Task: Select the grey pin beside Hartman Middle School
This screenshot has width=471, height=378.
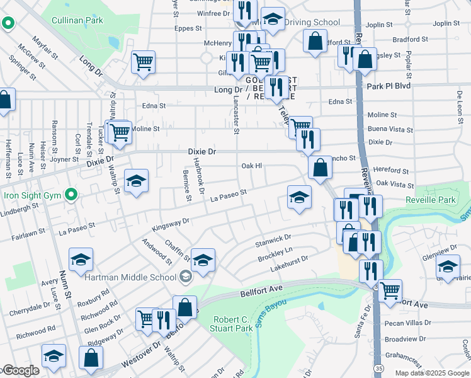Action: coord(185,277)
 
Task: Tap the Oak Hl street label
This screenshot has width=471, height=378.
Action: coord(251,166)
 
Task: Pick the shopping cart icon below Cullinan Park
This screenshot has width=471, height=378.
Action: coord(144,62)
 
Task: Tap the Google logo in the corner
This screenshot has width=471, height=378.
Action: coord(20,370)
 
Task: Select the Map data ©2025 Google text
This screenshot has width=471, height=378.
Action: coord(431,373)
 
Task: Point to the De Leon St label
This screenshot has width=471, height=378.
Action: coord(459,103)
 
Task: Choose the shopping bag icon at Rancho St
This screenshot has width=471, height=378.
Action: coord(320,168)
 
